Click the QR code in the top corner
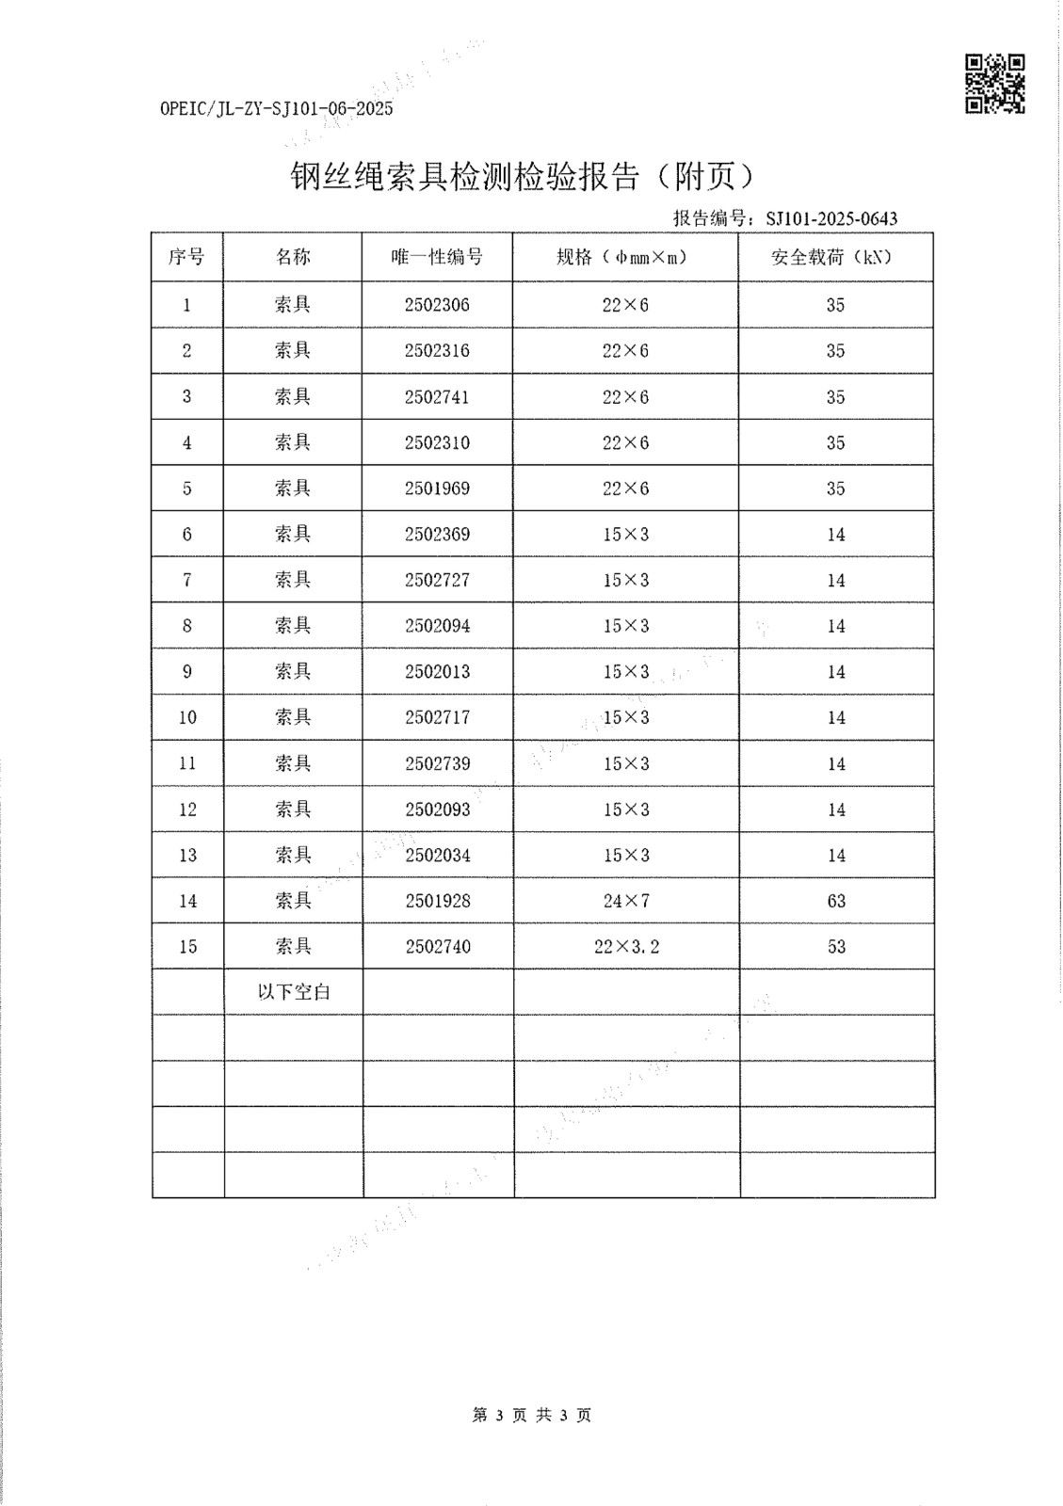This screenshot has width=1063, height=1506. click(x=995, y=84)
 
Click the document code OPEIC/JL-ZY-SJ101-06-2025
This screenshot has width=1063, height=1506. click(x=277, y=108)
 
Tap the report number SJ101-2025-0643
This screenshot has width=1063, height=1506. click(x=831, y=219)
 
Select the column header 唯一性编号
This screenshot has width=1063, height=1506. click(x=437, y=257)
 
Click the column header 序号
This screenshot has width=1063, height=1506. click(x=186, y=257)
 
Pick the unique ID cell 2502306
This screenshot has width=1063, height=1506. click(x=437, y=305)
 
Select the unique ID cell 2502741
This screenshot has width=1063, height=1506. click(x=437, y=397)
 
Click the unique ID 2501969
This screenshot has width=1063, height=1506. click(x=437, y=489)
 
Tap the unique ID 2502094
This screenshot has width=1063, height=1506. click(x=437, y=626)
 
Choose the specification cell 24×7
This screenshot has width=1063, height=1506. click(x=626, y=901)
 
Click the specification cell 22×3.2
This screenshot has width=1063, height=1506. click(x=626, y=947)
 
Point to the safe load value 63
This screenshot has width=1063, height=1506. click(x=836, y=901)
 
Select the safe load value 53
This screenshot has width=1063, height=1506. click(x=836, y=947)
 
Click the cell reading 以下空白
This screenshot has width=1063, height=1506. click(x=294, y=992)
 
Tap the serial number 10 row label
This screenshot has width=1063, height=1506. click(x=187, y=717)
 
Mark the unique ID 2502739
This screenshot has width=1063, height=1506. click(x=437, y=763)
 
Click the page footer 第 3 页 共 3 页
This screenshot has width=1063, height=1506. click(x=531, y=1415)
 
